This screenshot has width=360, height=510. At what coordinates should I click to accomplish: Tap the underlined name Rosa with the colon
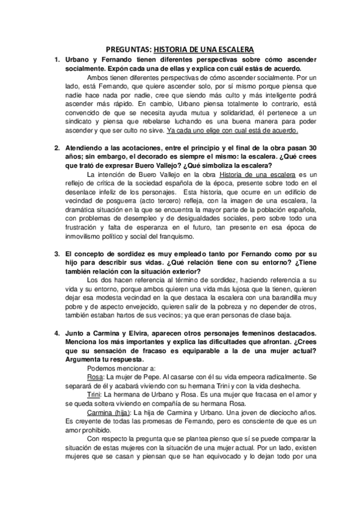[x=96, y=375]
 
